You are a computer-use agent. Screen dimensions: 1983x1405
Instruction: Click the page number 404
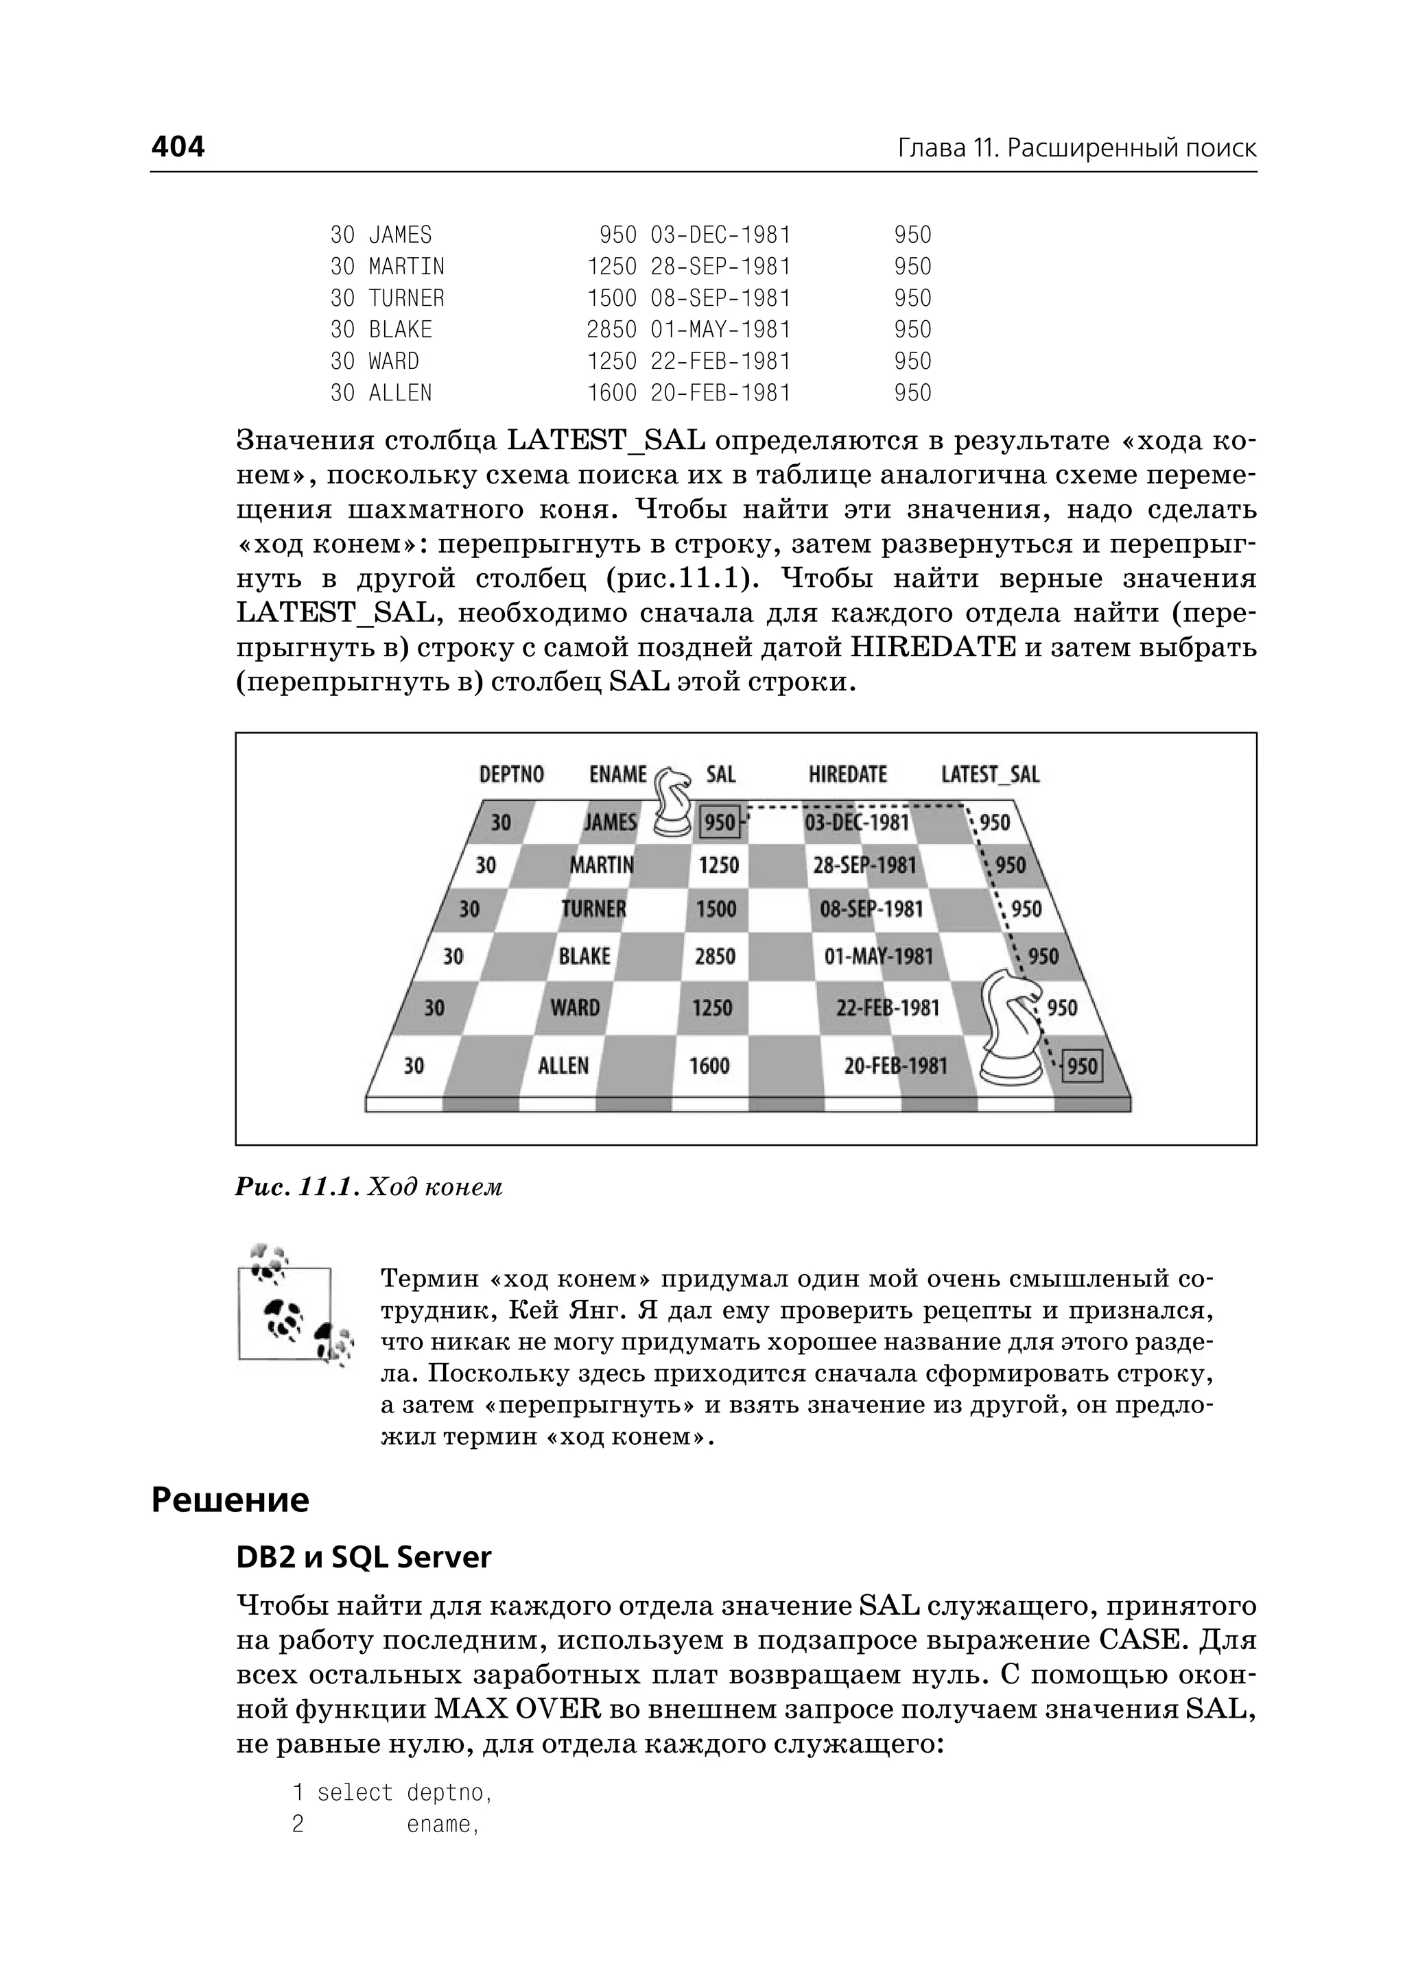(x=178, y=147)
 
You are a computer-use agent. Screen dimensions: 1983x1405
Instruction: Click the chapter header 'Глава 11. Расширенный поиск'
(x=1076, y=149)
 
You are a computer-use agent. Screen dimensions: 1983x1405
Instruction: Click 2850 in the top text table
(x=611, y=330)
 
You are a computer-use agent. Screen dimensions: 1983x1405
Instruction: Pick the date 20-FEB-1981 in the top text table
(x=720, y=394)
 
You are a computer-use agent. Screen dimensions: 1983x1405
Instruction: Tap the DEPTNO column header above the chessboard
(x=511, y=774)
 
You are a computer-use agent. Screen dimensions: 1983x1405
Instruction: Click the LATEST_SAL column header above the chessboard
(x=990, y=774)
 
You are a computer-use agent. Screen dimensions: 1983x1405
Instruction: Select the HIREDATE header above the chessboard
(x=847, y=774)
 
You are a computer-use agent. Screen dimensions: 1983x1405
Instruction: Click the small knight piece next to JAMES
(x=672, y=802)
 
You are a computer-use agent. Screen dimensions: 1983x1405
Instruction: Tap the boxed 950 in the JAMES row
(x=720, y=822)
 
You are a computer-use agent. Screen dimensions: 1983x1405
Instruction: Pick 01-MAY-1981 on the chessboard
(x=878, y=957)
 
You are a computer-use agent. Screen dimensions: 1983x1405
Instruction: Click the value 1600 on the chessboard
(x=709, y=1066)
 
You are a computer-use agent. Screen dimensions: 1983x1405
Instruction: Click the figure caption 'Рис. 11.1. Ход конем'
(x=368, y=1186)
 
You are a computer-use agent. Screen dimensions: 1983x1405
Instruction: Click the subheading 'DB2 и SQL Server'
(x=364, y=1557)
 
